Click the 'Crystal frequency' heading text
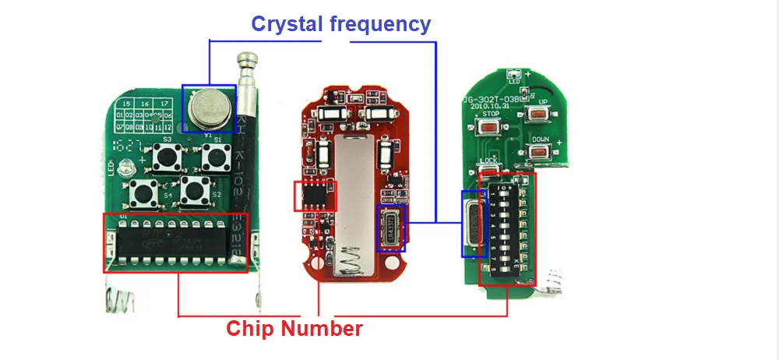click(340, 23)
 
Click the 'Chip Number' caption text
click(294, 328)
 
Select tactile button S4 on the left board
click(144, 189)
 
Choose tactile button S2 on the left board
click(195, 189)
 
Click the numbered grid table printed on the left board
click(143, 115)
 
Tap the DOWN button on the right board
click(540, 150)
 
